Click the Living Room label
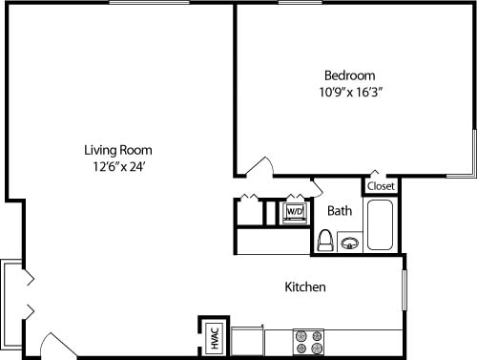pos(118,150)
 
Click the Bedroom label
pos(349,75)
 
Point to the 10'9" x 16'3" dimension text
pos(349,94)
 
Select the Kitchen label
pos(306,286)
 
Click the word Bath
pos(340,210)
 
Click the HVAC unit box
pos(215,336)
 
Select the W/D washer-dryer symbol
pos(295,211)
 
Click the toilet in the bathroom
pos(324,240)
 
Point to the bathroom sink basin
pos(350,243)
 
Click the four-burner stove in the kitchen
pos(309,342)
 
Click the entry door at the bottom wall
pos(59,346)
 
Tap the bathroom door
pos(315,187)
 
